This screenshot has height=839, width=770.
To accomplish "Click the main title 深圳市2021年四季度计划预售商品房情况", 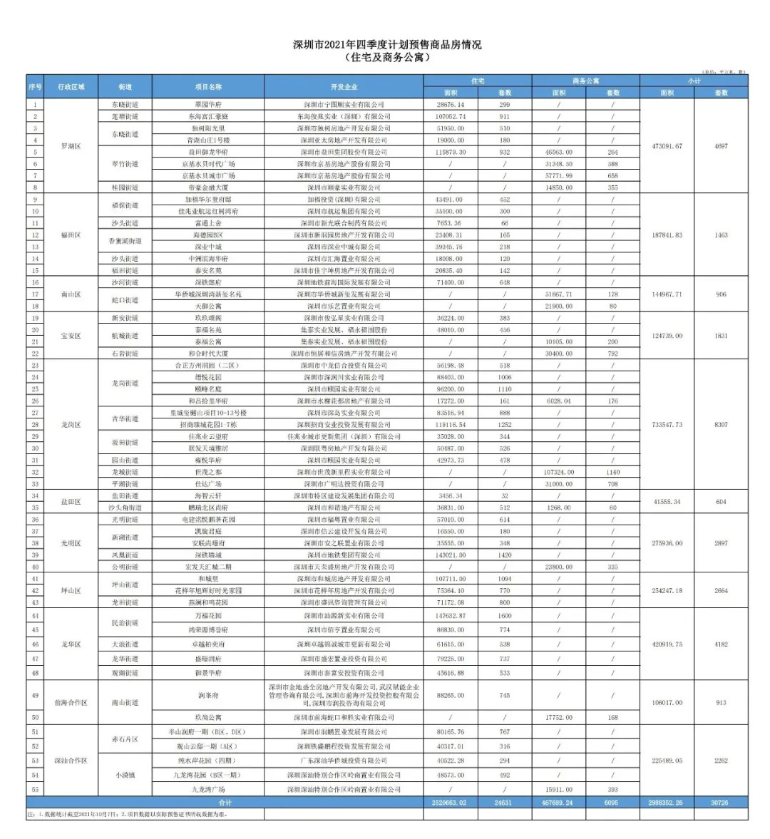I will pyautogui.click(x=387, y=44).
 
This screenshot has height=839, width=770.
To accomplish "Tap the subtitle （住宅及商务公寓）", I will pyautogui.click(x=387, y=57).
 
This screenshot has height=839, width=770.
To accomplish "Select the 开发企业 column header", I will pyautogui.click(x=344, y=86).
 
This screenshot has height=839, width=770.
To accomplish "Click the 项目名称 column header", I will pyautogui.click(x=208, y=86).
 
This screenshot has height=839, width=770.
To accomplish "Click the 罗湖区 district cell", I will pyautogui.click(x=71, y=146).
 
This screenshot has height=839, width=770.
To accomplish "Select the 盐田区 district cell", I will pyautogui.click(x=71, y=502).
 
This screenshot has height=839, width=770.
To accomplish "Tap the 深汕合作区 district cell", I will pyautogui.click(x=71, y=761).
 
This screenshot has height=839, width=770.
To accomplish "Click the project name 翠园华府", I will pyautogui.click(x=208, y=105).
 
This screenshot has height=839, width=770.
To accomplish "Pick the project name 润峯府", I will pyautogui.click(x=208, y=695).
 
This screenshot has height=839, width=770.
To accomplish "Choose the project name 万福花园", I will pyautogui.click(x=208, y=615).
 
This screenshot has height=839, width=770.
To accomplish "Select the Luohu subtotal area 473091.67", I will pyautogui.click(x=667, y=146).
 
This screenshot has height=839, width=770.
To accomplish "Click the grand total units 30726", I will pyautogui.click(x=721, y=803).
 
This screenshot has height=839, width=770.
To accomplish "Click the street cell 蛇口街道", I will pyautogui.click(x=125, y=300).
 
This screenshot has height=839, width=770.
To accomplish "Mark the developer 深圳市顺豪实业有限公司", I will pyautogui.click(x=344, y=187).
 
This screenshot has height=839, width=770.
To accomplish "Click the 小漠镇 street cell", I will pyautogui.click(x=125, y=775).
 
